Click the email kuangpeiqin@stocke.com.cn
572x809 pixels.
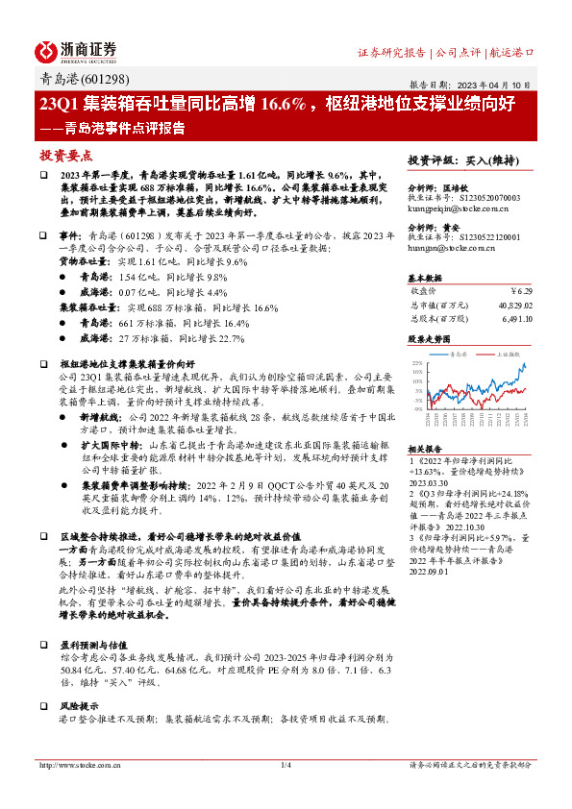[452, 207]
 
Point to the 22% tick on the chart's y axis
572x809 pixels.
[415, 363]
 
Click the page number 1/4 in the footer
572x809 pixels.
[286, 793]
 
